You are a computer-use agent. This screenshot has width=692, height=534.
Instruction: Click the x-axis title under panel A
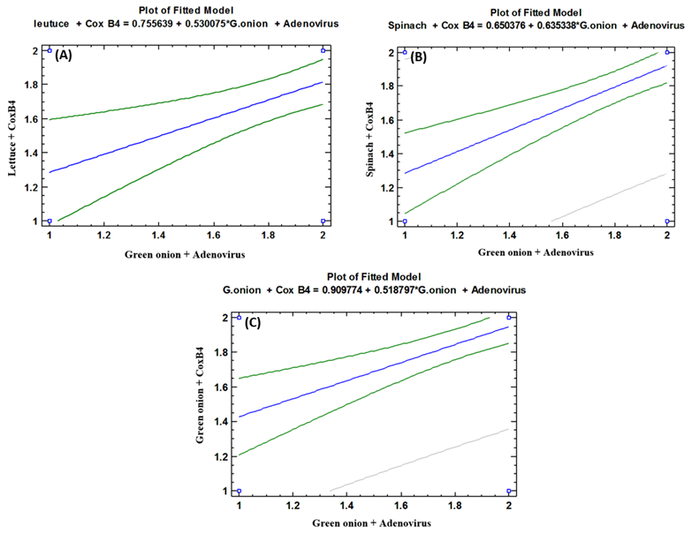coord(186,253)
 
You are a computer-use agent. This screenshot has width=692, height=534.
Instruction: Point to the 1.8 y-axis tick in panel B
coord(387,86)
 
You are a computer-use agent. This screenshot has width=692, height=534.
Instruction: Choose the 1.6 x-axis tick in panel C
coord(400,508)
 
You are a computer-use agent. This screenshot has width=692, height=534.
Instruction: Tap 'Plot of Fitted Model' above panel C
coord(371,275)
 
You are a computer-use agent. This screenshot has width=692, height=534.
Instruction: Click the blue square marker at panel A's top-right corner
coord(323,50)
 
